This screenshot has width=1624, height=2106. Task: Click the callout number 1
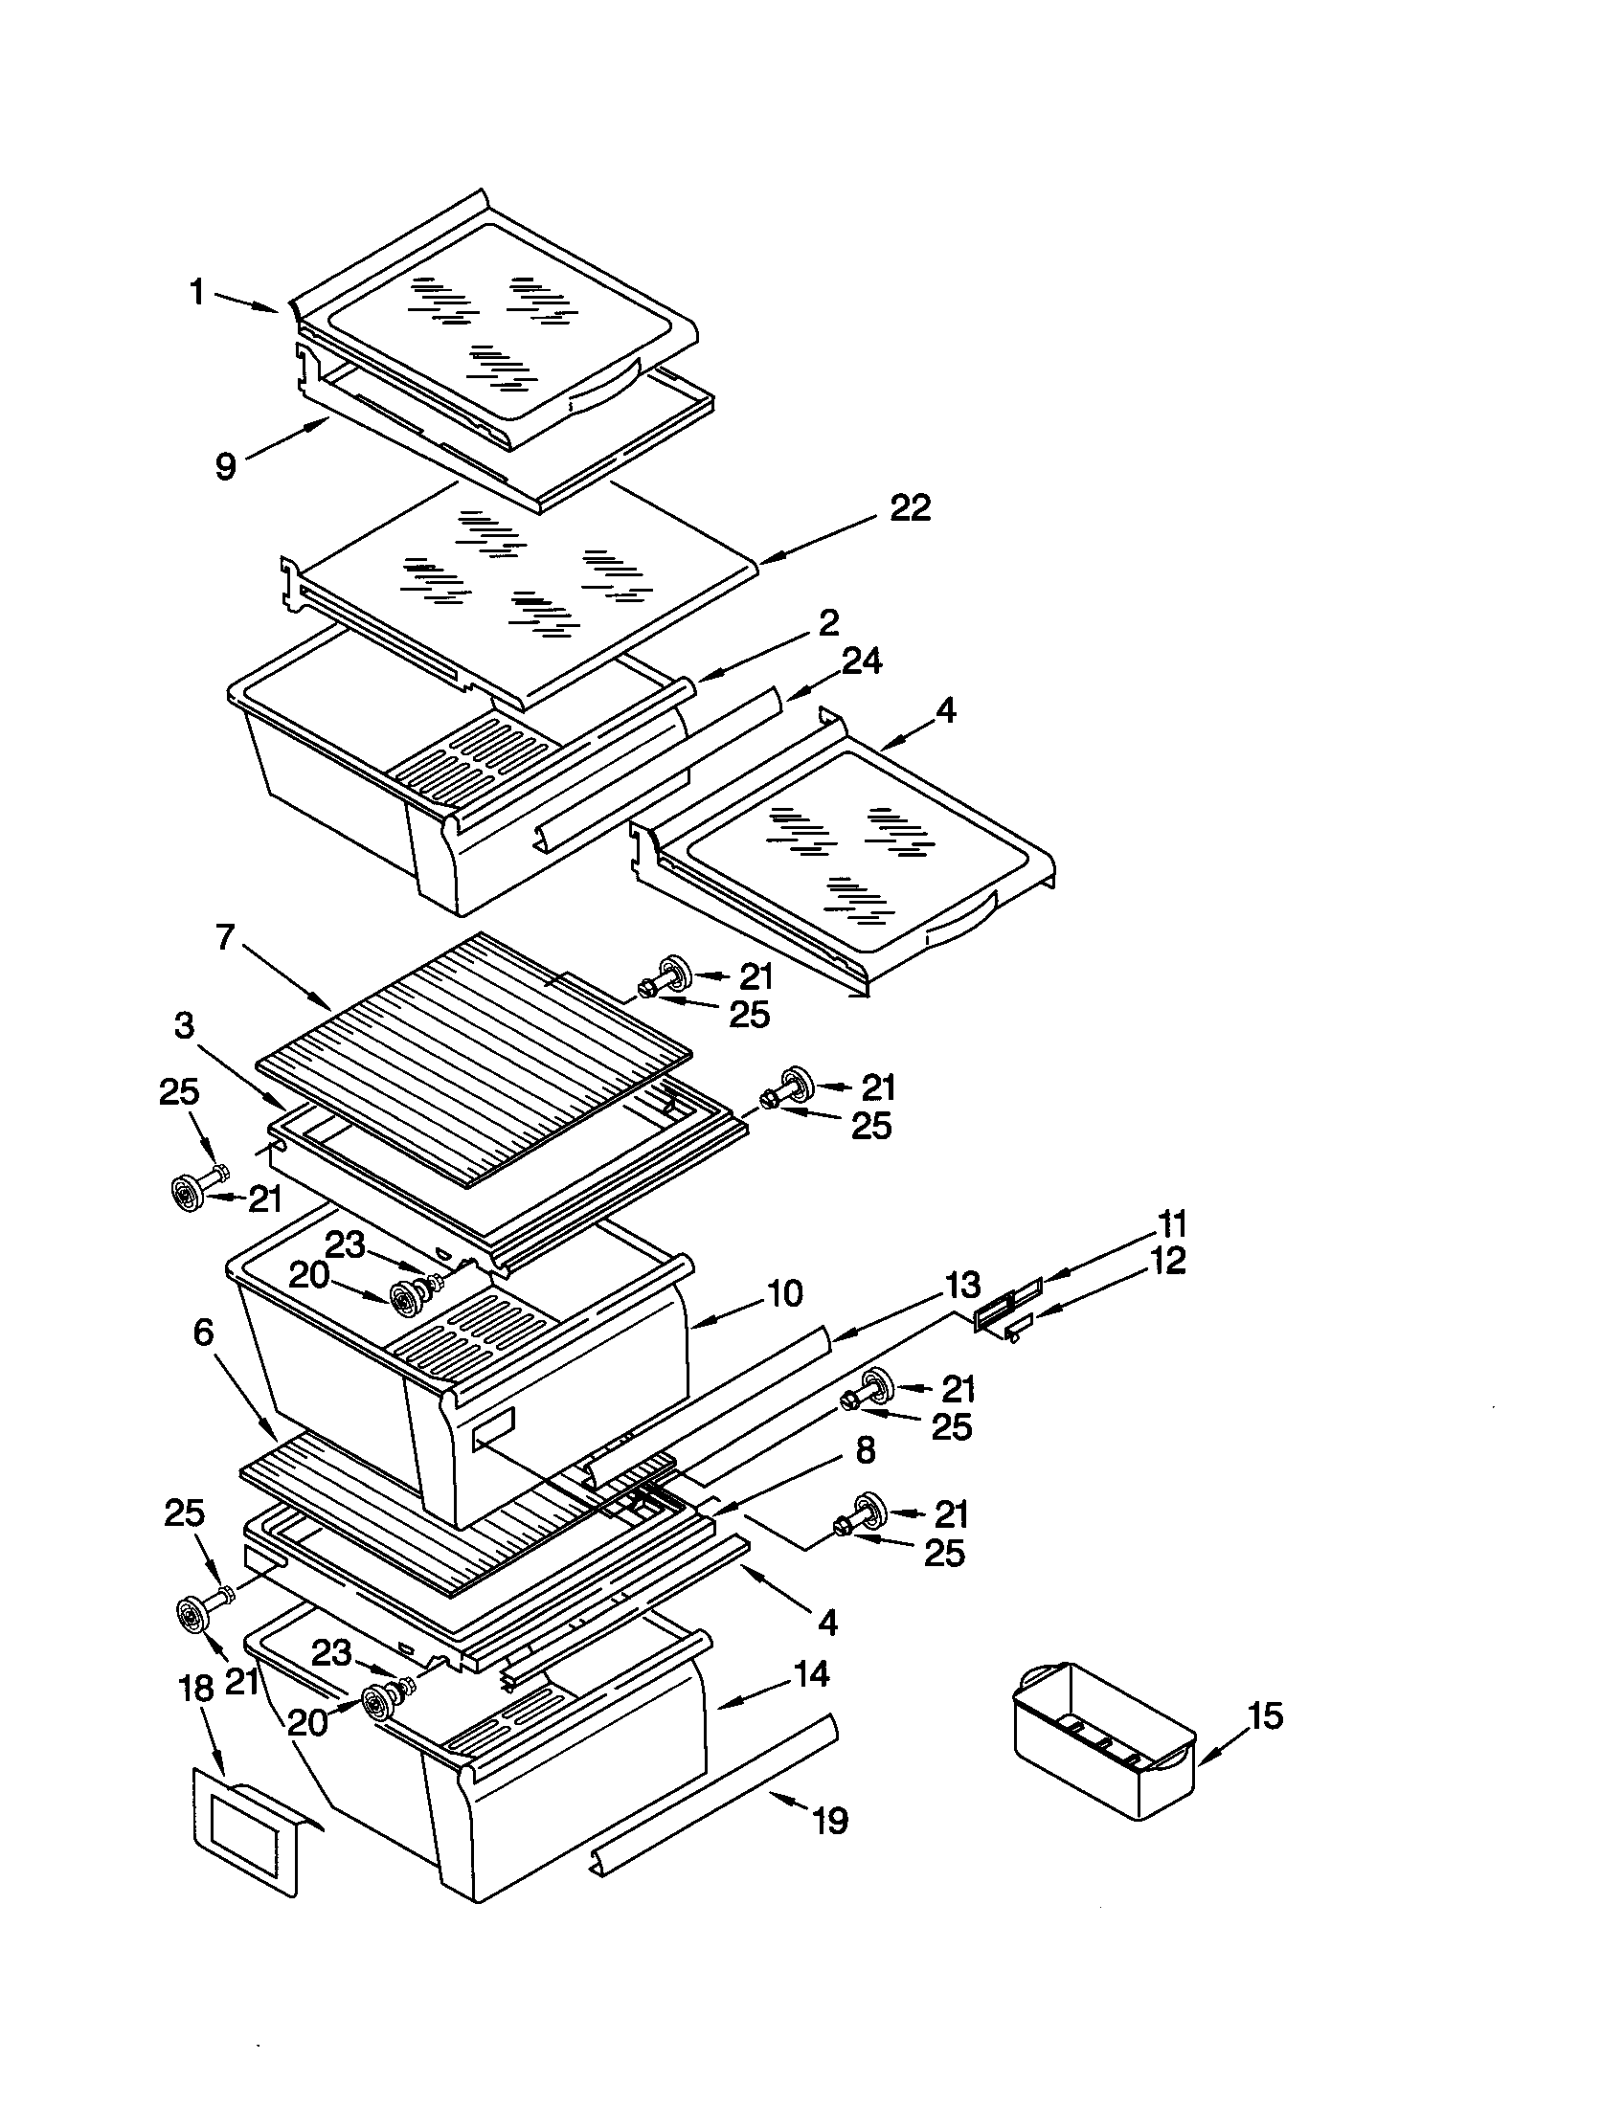click(x=196, y=291)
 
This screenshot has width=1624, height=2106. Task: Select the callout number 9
click(x=225, y=467)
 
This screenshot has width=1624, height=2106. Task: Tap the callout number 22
click(x=910, y=508)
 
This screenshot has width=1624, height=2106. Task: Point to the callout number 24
click(x=861, y=662)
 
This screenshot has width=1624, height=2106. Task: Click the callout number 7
click(x=225, y=936)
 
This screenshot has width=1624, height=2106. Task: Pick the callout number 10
click(x=786, y=1294)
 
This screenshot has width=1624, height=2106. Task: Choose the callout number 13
click(x=961, y=1285)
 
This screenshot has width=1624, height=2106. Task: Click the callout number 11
click(x=1172, y=1223)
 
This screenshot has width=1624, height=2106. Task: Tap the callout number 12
click(x=1167, y=1261)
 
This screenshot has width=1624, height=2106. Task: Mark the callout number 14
click(x=810, y=1674)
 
